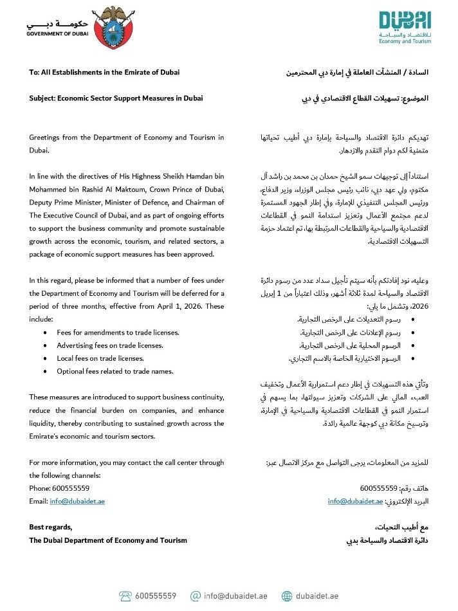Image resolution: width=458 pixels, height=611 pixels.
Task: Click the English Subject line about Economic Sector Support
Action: tap(116, 98)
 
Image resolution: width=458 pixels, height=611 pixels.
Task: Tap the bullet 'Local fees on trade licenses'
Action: tap(103, 358)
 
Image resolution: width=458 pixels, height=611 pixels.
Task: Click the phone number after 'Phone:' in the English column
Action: tap(75, 488)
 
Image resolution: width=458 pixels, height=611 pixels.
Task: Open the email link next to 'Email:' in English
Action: tap(77, 501)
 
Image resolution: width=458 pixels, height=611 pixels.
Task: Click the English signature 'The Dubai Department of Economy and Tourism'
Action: tap(108, 540)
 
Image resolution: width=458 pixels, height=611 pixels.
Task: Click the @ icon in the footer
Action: tap(196, 596)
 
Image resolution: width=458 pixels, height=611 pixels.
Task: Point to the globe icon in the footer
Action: tap(286, 596)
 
